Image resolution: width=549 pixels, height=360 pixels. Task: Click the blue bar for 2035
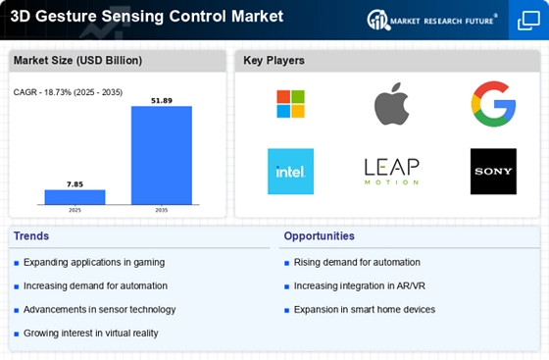(162, 155)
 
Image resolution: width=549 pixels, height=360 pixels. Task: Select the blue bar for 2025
(75, 197)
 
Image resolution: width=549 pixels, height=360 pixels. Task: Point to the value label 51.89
(162, 101)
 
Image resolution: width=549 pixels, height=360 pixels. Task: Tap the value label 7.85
(75, 184)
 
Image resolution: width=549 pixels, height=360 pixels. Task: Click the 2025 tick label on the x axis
(75, 210)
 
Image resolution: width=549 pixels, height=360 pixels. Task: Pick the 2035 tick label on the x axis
(162, 210)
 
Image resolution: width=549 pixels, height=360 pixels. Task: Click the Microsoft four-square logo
(290, 104)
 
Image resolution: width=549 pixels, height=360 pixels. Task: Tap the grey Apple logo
(391, 104)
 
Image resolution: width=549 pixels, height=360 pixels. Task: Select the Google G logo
(493, 104)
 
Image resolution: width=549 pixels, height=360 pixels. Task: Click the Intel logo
(290, 172)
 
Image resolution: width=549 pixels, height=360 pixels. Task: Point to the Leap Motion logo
(391, 172)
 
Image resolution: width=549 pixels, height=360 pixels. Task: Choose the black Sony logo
(493, 172)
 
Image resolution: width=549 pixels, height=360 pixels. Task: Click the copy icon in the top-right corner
(528, 21)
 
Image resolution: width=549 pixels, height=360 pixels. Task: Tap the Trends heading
(31, 236)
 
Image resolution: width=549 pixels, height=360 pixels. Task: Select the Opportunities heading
(319, 236)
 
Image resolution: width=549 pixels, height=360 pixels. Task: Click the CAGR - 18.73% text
(44, 92)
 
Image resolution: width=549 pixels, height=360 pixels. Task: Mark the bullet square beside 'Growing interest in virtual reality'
(16, 334)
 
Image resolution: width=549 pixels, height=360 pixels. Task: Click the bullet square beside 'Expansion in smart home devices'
(286, 310)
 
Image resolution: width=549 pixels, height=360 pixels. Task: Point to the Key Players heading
(274, 61)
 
